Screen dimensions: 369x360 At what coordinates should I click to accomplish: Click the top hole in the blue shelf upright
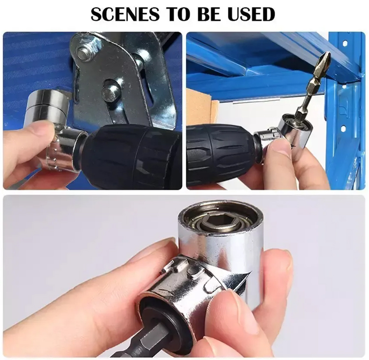point(345,44)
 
